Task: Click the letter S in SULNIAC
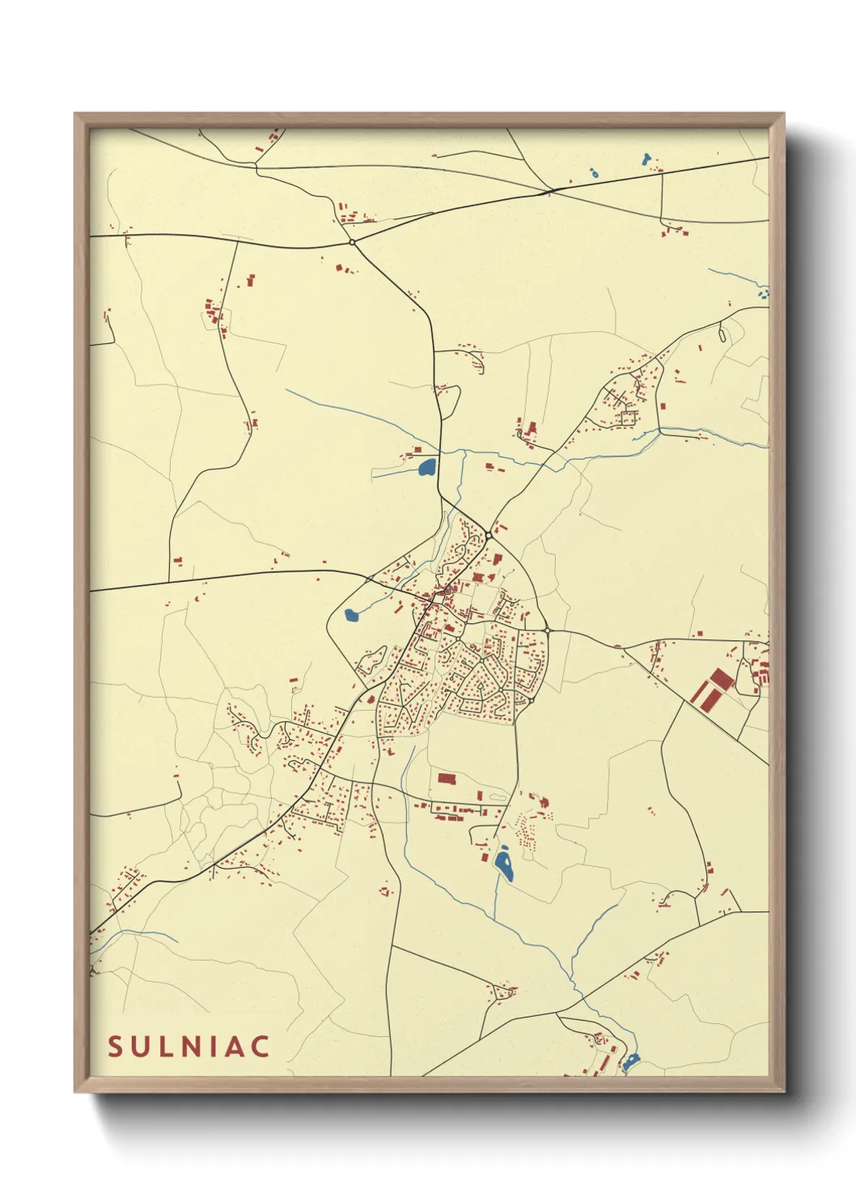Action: [115, 1047]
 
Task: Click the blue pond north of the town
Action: [426, 467]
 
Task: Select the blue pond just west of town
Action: [351, 615]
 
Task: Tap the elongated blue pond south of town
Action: [504, 864]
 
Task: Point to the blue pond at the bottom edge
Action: [631, 1059]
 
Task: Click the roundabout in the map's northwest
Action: [352, 242]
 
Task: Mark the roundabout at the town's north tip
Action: [489, 536]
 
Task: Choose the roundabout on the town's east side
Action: [547, 631]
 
